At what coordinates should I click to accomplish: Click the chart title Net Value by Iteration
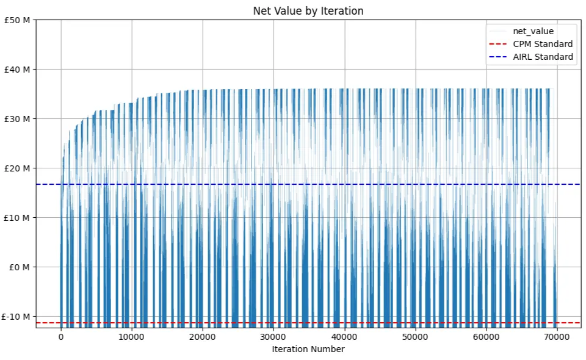click(x=308, y=11)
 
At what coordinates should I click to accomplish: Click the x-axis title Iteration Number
click(x=308, y=349)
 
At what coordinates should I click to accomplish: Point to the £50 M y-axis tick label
click(x=18, y=20)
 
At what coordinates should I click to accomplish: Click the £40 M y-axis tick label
click(x=18, y=70)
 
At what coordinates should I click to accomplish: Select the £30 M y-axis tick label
click(x=18, y=119)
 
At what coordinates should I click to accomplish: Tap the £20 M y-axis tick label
click(x=18, y=168)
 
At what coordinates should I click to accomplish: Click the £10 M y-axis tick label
click(x=18, y=218)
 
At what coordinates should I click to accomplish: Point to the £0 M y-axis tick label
click(x=20, y=267)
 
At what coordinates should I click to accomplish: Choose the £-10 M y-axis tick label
click(x=16, y=317)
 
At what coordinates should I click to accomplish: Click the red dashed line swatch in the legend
click(x=497, y=44)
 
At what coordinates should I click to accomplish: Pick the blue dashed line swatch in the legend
click(x=497, y=57)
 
